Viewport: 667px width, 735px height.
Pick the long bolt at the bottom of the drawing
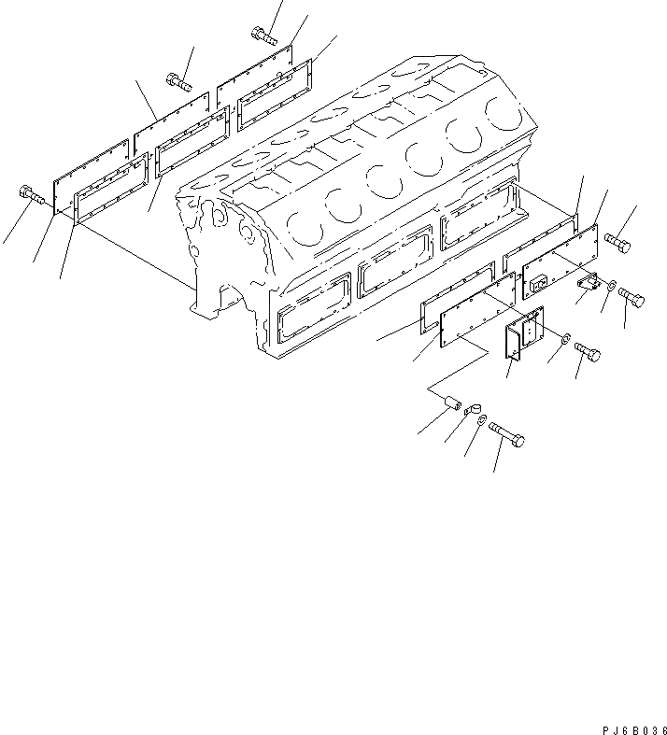pyautogui.click(x=504, y=435)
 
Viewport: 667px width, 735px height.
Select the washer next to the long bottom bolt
pyautogui.click(x=479, y=424)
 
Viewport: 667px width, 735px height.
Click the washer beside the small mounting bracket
pyautogui.click(x=610, y=285)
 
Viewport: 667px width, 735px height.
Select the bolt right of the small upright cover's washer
pyautogui.click(x=588, y=352)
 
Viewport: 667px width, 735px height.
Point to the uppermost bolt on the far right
pyautogui.click(x=617, y=242)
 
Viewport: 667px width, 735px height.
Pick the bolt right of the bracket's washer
pyautogui.click(x=632, y=298)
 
